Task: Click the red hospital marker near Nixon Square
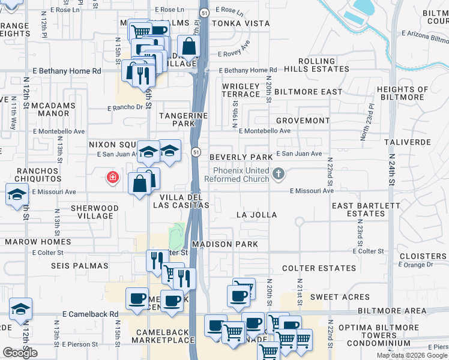click(x=112, y=177)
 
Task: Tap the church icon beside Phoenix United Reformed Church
click(x=277, y=174)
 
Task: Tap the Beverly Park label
click(x=241, y=157)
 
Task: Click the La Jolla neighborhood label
click(x=256, y=214)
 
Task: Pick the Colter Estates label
click(x=307, y=268)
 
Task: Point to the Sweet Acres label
click(x=340, y=297)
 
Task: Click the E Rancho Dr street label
click(x=126, y=108)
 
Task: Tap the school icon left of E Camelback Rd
click(x=20, y=309)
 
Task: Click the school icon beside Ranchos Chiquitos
click(x=17, y=194)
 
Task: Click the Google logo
click(x=20, y=353)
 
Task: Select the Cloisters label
click(x=424, y=256)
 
